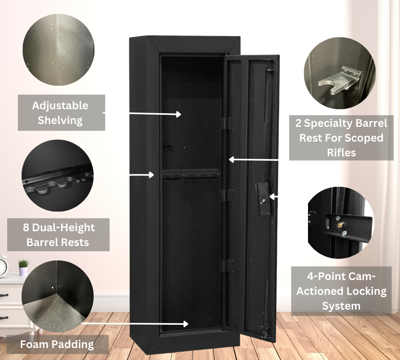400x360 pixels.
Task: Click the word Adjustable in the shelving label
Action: pyautogui.click(x=60, y=106)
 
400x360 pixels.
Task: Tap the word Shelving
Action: pyautogui.click(x=60, y=120)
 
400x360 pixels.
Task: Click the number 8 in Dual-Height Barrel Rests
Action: pyautogui.click(x=26, y=228)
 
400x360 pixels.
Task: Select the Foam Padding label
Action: pyautogui.click(x=57, y=344)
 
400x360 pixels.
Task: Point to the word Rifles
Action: pyautogui.click(x=341, y=152)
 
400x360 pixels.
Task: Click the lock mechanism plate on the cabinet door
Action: pyautogui.click(x=262, y=199)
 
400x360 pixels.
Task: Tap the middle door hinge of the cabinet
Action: pyautogui.click(x=227, y=195)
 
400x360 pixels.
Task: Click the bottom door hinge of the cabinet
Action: pyautogui.click(x=226, y=266)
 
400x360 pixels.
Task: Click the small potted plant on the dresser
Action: pyautogui.click(x=23, y=267)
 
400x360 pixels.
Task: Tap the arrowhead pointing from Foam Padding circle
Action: pyautogui.click(x=186, y=324)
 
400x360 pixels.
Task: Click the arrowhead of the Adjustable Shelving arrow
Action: pyautogui.click(x=178, y=114)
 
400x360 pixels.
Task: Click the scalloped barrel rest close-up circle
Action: pyautogui.click(x=58, y=175)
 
